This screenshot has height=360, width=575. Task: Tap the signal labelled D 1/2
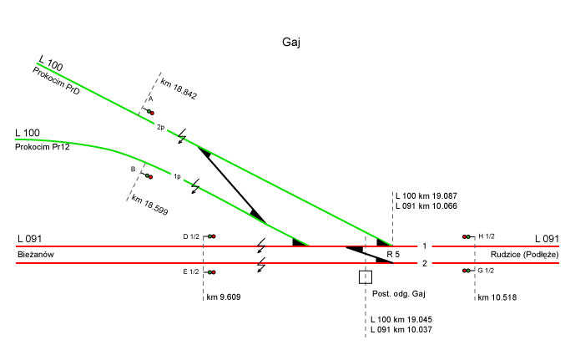coord(211,237)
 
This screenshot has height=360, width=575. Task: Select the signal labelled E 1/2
coord(211,272)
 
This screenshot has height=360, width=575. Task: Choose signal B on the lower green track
coord(147,175)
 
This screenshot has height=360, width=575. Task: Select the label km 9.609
coord(224,297)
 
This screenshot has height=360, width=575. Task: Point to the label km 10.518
coord(496,297)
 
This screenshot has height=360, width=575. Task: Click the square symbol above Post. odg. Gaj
coord(365,277)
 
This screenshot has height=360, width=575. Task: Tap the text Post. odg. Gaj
coord(400,295)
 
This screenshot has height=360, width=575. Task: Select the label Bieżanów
coord(36,253)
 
